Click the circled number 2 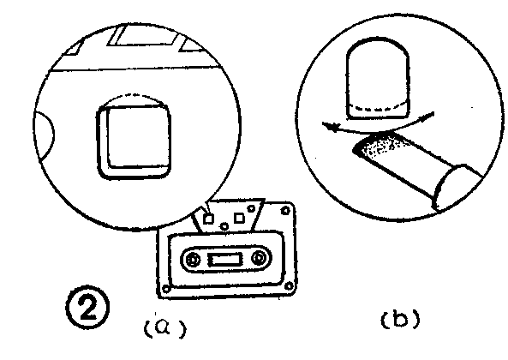coord(87,307)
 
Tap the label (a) coord(165,328)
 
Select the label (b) coord(400,319)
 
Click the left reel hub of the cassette coord(193,260)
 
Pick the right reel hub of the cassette coord(259,258)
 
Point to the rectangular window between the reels coord(225,260)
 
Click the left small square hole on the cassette coord(208,219)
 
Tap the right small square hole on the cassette coord(239,218)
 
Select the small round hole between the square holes coord(224,225)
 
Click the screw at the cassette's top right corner coord(285,211)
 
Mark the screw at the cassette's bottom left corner coord(166,288)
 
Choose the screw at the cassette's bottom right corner coord(289,286)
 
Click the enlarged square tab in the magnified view coord(134,141)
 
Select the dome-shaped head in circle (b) coord(378,78)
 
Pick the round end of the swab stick coord(450,186)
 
